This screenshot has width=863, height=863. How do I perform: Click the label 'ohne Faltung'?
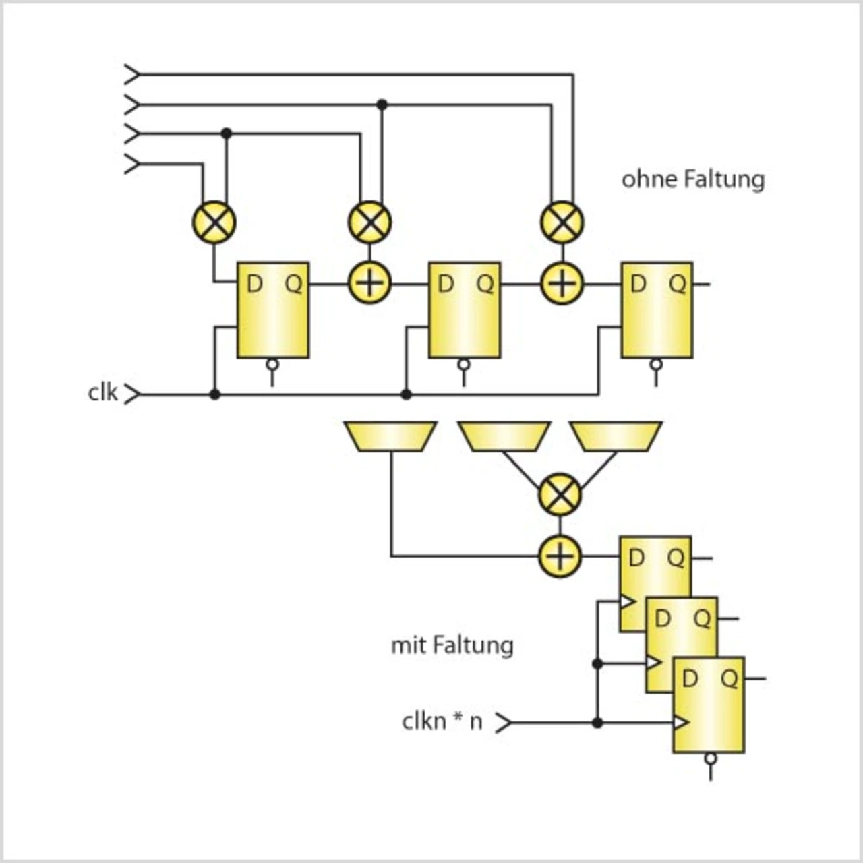coord(693,180)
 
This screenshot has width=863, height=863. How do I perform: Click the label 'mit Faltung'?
coord(452,645)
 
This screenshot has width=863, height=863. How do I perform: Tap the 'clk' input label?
coord(102,393)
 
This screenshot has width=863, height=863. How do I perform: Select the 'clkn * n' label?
coord(442,721)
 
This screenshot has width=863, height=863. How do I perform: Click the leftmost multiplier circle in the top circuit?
coord(214,222)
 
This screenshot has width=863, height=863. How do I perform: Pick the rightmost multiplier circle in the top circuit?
coord(562,222)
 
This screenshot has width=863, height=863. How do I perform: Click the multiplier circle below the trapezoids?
coord(560,494)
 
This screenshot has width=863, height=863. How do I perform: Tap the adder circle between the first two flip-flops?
coord(370,283)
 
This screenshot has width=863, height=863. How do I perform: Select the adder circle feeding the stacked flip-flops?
coord(560,556)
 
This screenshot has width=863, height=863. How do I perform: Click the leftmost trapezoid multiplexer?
coord(390,436)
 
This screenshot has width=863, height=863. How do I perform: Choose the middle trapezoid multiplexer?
coord(504,436)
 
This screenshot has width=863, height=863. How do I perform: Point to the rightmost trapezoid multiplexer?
coord(616,436)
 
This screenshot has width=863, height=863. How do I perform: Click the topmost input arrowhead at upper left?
coord(132,74)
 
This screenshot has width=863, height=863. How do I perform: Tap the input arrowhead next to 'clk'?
coord(132,394)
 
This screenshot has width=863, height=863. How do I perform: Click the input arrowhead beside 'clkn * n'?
coord(504,722)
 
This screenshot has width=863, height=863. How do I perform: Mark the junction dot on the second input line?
coord(382,105)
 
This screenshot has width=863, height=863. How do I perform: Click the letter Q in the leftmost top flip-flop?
coord(294,284)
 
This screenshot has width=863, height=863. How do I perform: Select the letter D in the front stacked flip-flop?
coord(690,678)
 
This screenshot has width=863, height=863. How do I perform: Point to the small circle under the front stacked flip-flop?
coord(711,758)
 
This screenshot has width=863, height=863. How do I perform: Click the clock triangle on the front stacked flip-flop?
coord(681,722)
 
